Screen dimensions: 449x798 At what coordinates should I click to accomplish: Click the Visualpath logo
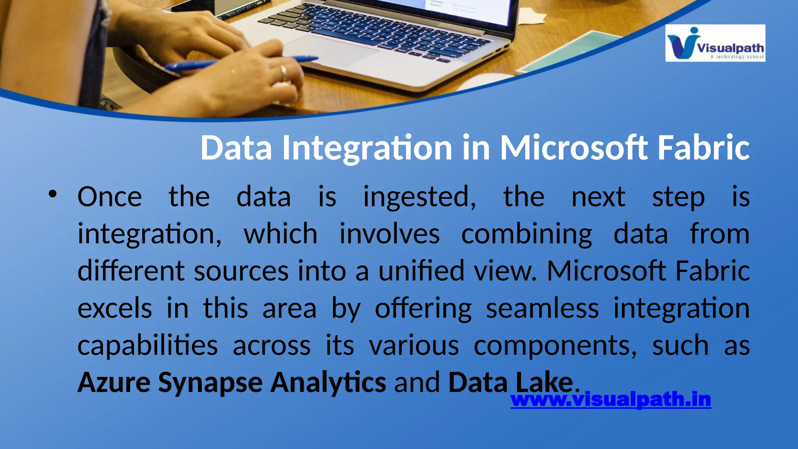pyautogui.click(x=715, y=43)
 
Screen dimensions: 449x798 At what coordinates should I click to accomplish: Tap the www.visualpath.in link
pyautogui.click(x=611, y=400)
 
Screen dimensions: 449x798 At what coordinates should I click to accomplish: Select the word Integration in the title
pyautogui.click(x=367, y=148)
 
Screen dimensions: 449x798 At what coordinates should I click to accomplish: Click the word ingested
pyautogui.click(x=419, y=197)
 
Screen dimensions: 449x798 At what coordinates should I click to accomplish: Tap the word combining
pyautogui.click(x=526, y=234)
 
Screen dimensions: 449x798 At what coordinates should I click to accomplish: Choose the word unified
pyautogui.click(x=421, y=271)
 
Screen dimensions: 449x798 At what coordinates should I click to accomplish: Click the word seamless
pyautogui.click(x=542, y=308)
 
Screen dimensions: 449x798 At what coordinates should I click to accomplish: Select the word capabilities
pyautogui.click(x=147, y=346)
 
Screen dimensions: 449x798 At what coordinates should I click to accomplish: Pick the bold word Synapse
pyautogui.click(x=210, y=383)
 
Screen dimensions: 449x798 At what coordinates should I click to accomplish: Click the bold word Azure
pyautogui.click(x=114, y=383)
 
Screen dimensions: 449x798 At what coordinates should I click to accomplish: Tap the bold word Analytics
pyautogui.click(x=328, y=383)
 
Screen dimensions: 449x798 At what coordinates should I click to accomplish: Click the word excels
pyautogui.click(x=115, y=308)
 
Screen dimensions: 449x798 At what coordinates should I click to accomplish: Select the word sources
pyautogui.click(x=241, y=271)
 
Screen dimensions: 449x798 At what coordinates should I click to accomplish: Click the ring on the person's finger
pyautogui.click(x=284, y=72)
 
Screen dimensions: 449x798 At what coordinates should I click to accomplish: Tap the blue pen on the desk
pyautogui.click(x=242, y=62)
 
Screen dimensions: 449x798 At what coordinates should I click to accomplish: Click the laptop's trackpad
pyautogui.click(x=331, y=51)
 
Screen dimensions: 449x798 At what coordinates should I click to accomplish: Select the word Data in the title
pyautogui.click(x=236, y=148)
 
